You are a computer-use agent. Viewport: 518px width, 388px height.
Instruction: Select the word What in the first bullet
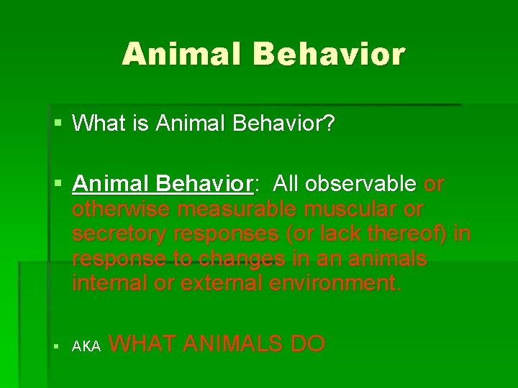[98, 124]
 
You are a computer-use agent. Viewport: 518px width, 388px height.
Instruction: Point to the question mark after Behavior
[329, 124]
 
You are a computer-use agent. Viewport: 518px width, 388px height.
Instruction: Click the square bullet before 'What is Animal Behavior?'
[58, 124]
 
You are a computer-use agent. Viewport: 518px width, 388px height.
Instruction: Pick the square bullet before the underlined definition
[58, 185]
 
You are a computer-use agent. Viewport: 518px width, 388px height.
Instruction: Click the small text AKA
[87, 347]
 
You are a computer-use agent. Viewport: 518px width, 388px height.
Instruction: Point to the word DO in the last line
[308, 343]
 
